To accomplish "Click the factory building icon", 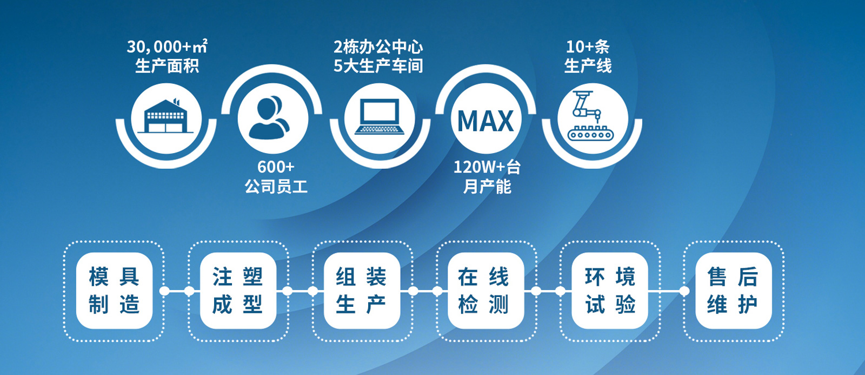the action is tap(165, 116).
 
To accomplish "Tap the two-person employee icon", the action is tap(270, 117).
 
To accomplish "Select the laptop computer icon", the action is tap(380, 117).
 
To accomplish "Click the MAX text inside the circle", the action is tap(486, 121).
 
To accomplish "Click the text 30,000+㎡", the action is tap(167, 47).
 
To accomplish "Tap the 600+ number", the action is tap(276, 167).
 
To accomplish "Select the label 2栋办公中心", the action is tap(378, 47).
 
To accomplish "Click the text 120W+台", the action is tap(487, 167).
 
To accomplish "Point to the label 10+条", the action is tap(588, 47).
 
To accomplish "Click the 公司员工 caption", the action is tap(276, 186).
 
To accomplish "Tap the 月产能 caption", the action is tap(487, 186).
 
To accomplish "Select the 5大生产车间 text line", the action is tap(378, 65).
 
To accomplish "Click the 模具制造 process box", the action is tap(114, 291).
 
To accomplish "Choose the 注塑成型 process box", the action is tap(238, 291).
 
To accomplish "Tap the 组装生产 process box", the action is tap(362, 291).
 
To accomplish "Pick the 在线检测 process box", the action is tap(486, 291).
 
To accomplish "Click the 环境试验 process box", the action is tap(610, 291).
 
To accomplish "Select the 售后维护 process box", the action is tap(733, 291).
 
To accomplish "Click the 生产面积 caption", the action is tap(167, 65).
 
